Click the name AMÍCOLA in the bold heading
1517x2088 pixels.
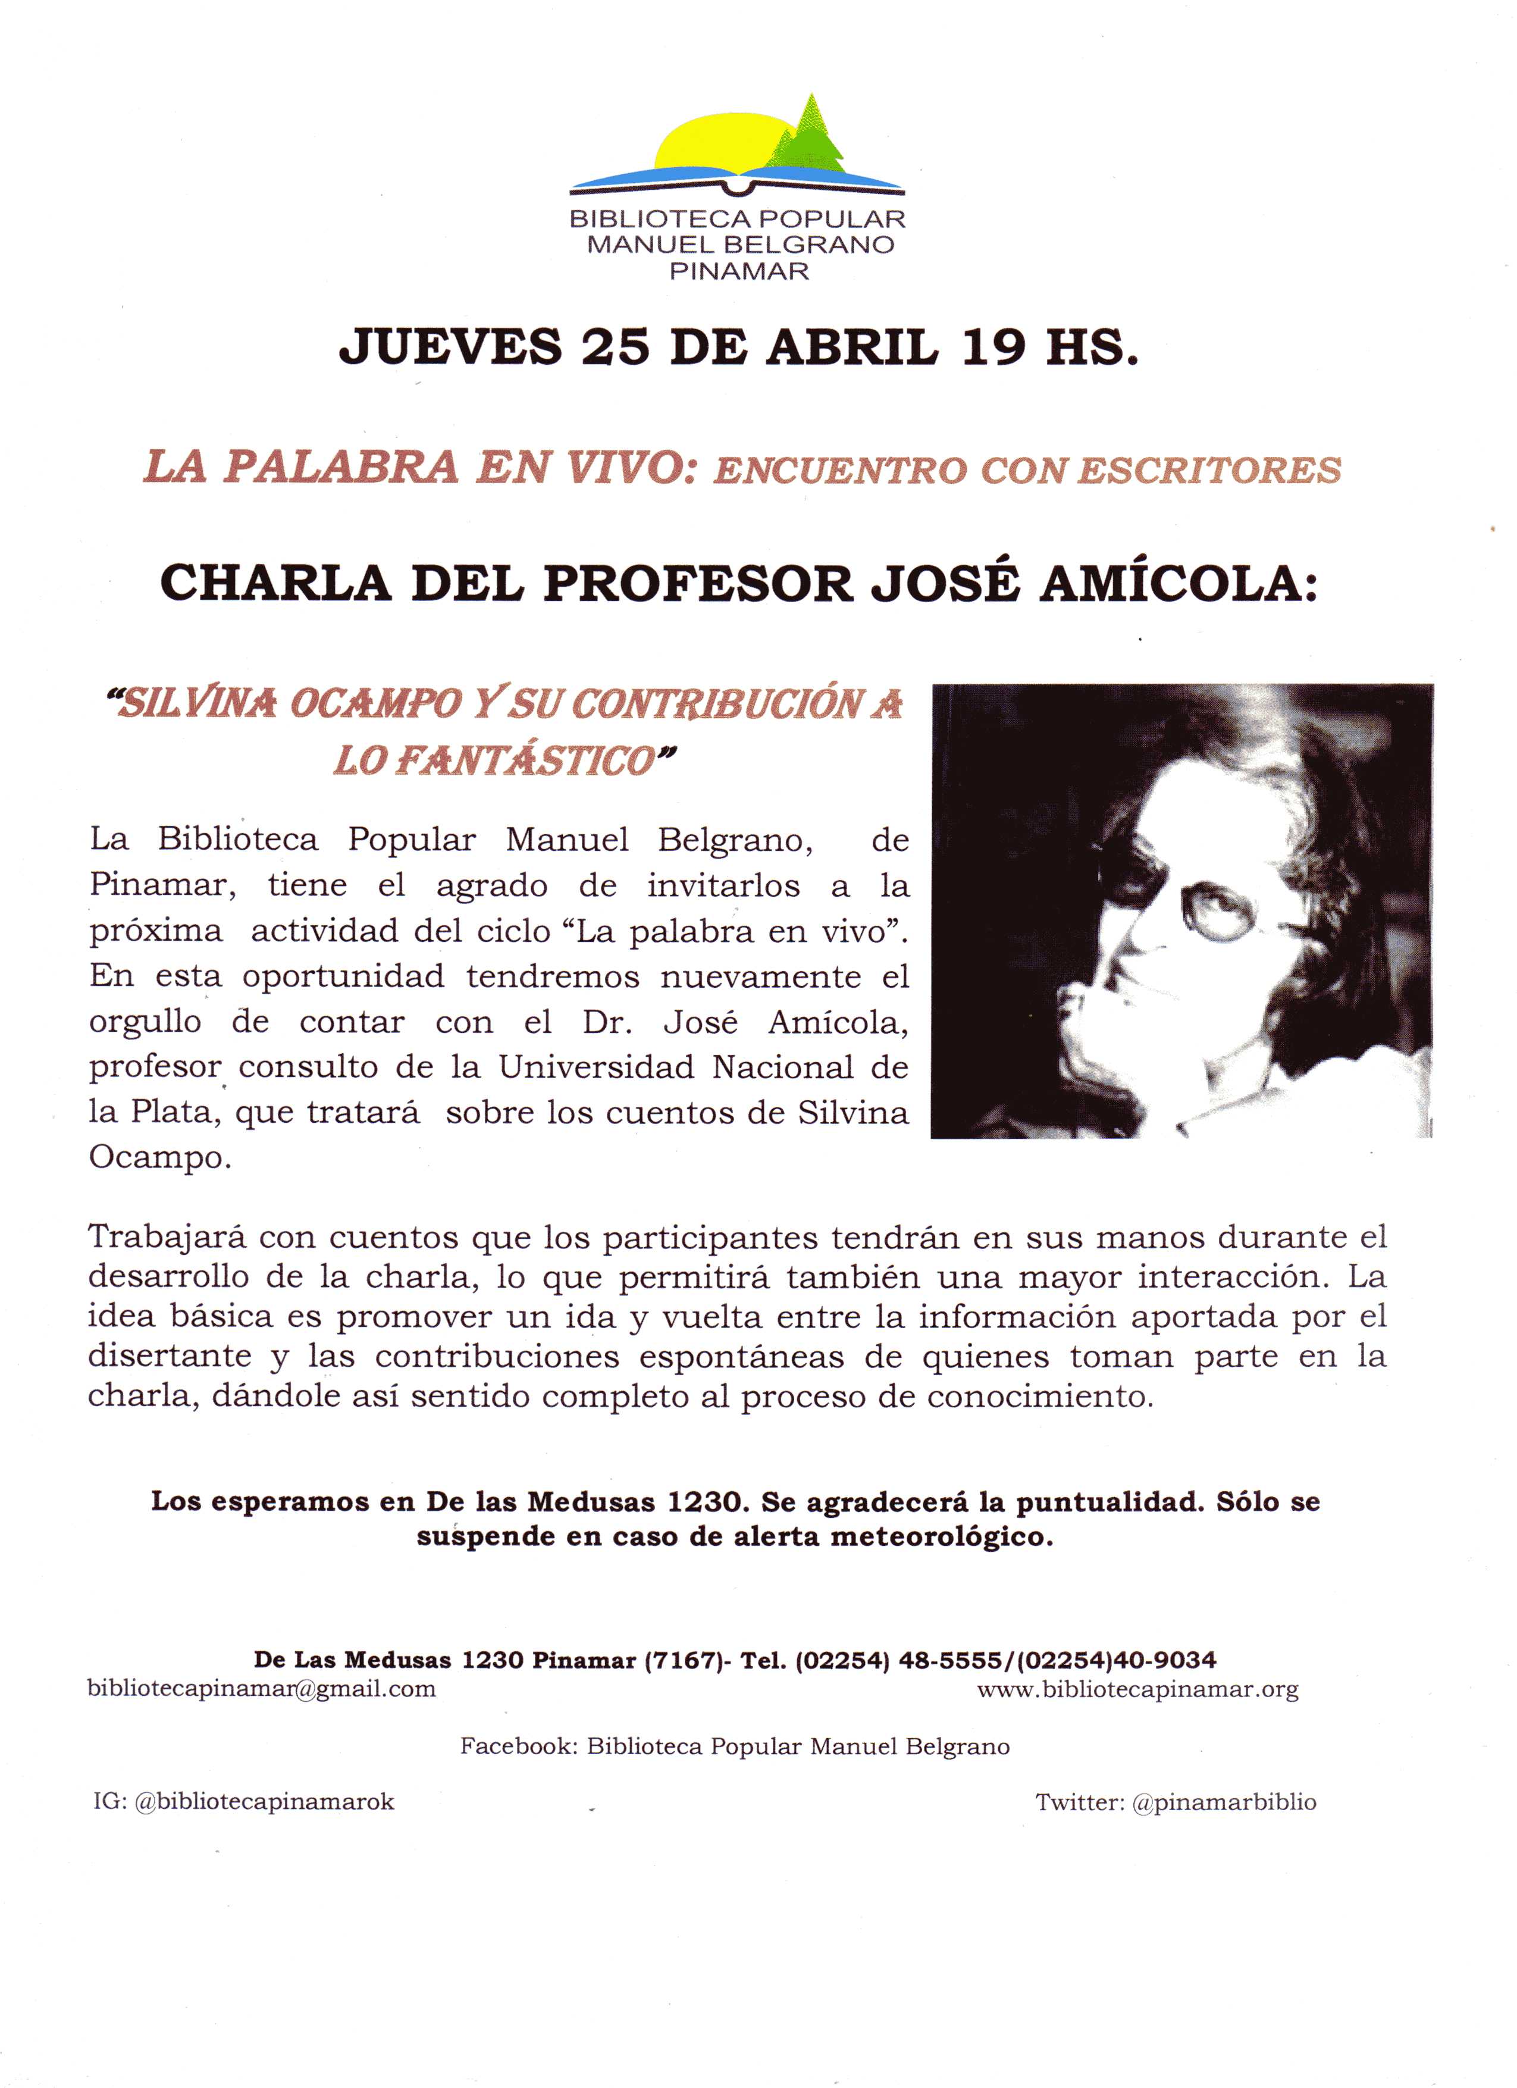1179,584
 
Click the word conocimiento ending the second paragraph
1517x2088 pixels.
1039,1397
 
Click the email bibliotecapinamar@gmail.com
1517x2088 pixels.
261,1689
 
